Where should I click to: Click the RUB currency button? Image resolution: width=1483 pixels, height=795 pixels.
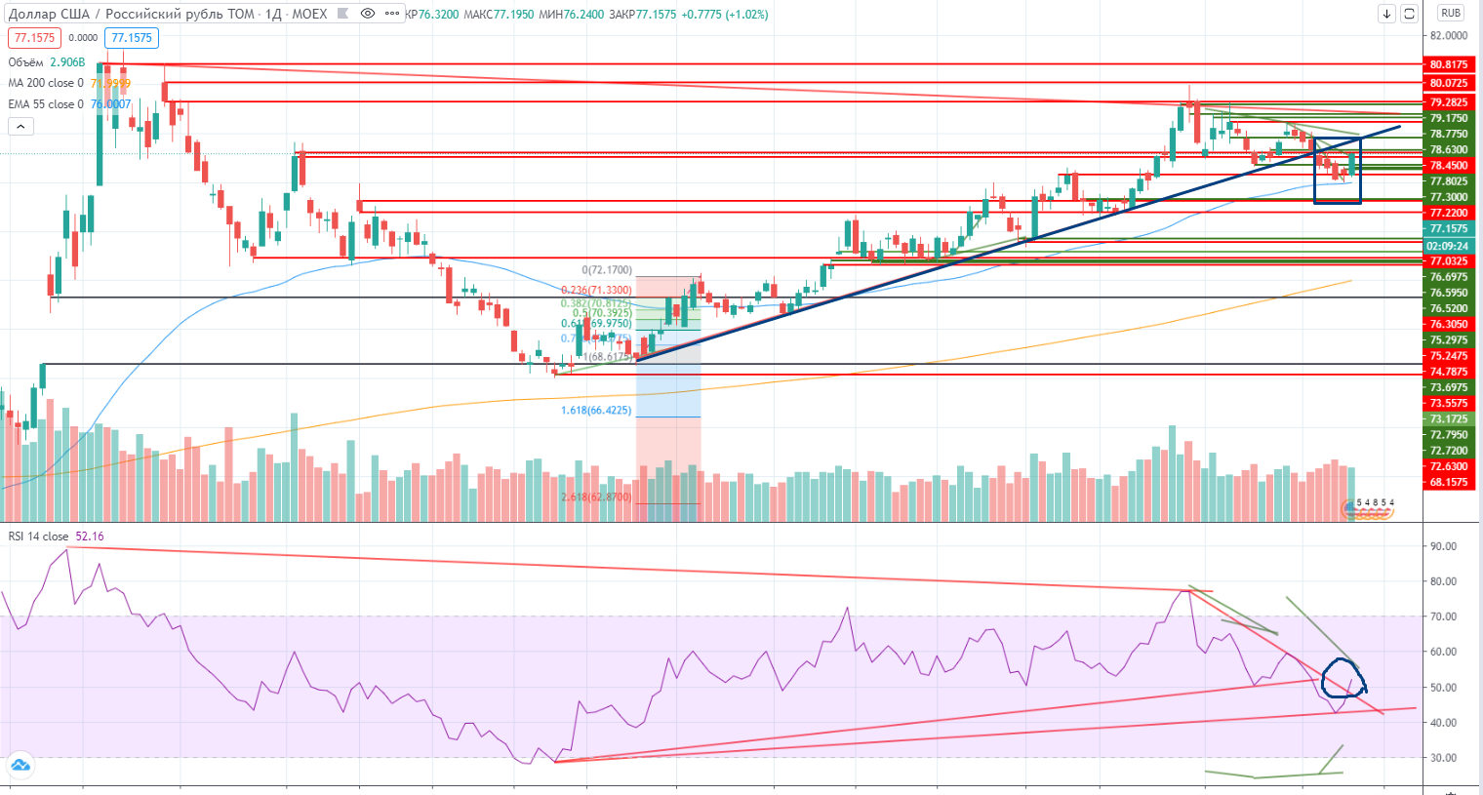tap(1451, 14)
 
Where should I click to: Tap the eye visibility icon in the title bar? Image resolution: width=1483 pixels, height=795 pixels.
tap(368, 14)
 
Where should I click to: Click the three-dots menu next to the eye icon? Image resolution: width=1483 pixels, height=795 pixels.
tap(391, 14)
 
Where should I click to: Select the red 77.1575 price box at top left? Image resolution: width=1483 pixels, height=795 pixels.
tap(34, 38)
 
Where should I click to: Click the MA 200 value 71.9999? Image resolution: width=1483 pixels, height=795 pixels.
tap(110, 84)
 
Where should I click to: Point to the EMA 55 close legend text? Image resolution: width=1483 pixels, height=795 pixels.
tap(46, 104)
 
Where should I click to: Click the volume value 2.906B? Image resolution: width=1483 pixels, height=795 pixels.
tap(67, 62)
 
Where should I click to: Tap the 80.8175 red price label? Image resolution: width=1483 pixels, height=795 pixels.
tap(1448, 64)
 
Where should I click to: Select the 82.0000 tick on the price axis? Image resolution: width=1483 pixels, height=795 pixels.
tap(1448, 35)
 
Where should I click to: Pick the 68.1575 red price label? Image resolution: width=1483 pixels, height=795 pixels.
tap(1448, 482)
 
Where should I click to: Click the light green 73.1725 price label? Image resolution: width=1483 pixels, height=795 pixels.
tap(1448, 418)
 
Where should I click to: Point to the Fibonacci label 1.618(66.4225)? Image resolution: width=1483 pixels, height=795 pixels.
tap(595, 411)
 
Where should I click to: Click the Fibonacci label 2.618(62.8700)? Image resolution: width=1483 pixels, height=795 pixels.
tap(595, 497)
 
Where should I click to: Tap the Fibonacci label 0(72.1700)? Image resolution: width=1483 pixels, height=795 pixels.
tap(607, 270)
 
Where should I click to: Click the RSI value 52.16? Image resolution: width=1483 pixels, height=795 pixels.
tap(89, 537)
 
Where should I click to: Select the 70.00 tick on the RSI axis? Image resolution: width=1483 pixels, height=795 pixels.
tap(1443, 616)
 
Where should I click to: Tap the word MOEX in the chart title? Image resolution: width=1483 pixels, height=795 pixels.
tap(309, 14)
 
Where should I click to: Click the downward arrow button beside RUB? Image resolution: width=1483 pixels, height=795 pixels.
tap(1386, 14)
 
